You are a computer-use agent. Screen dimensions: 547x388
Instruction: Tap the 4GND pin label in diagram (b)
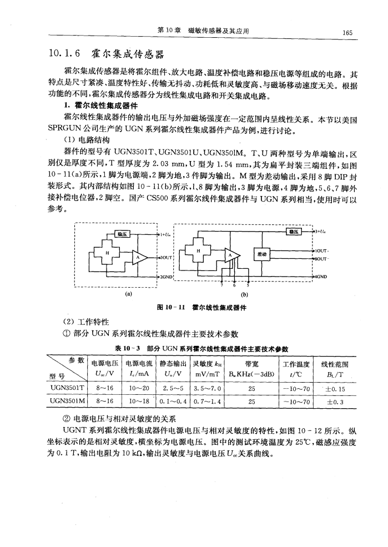[322, 275]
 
